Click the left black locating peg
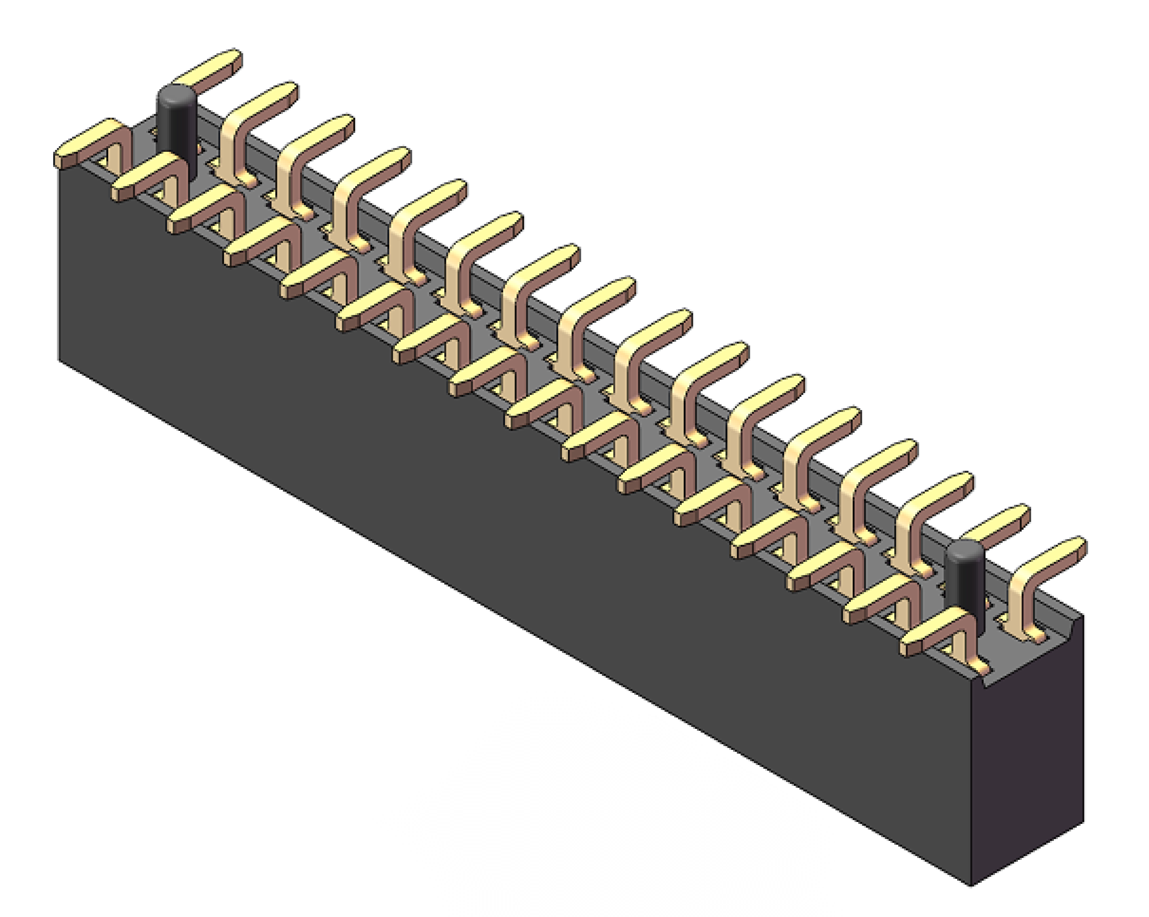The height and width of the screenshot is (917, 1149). [x=176, y=133]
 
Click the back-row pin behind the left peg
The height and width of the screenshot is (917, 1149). [x=208, y=69]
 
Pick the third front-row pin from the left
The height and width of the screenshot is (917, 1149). [x=202, y=211]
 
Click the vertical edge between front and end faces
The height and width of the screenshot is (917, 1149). [x=971, y=784]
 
